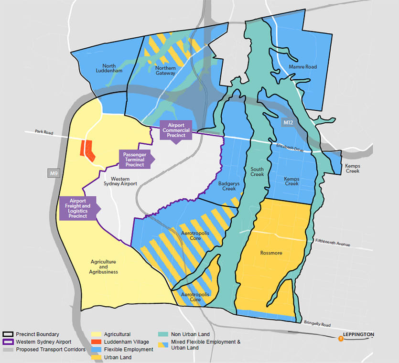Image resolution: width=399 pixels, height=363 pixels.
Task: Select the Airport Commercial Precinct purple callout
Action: tap(175, 130)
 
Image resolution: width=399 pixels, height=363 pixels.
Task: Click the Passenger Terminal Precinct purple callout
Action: tap(134, 159)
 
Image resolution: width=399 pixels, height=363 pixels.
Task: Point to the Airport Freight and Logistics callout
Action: tap(78, 208)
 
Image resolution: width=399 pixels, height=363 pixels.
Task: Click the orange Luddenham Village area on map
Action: tap(87, 150)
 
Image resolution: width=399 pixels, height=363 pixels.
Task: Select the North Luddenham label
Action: tap(112, 68)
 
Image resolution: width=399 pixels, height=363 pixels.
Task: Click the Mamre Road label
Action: tap(302, 67)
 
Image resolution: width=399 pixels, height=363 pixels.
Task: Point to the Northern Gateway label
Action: tap(165, 70)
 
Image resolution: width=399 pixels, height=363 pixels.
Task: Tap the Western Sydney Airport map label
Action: tap(120, 180)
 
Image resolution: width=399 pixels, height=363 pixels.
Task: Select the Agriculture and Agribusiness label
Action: tap(104, 267)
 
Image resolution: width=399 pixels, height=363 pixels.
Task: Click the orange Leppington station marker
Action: tap(341, 339)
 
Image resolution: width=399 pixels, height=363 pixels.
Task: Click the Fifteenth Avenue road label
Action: tap(333, 242)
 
